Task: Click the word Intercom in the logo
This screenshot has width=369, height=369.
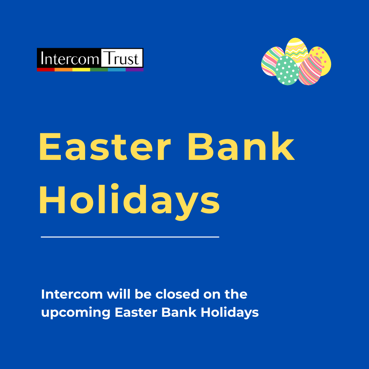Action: tap(70, 58)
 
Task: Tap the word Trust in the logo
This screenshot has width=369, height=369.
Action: tap(121, 58)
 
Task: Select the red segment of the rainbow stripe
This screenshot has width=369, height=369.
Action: tap(46, 70)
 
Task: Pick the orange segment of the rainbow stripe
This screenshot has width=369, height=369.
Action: tap(64, 70)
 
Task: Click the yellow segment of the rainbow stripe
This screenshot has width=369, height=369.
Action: tap(81, 70)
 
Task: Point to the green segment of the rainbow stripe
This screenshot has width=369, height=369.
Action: tap(99, 70)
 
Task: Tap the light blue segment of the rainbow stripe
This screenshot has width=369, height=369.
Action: tap(117, 70)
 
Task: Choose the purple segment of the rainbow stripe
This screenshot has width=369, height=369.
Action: tap(135, 70)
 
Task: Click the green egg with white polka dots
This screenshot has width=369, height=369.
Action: tap(287, 70)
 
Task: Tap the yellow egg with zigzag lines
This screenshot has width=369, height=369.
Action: tap(296, 50)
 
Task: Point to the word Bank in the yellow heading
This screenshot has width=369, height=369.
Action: tap(242, 146)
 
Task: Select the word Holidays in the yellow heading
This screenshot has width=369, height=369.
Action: tap(130, 202)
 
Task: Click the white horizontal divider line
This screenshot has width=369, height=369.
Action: tap(130, 237)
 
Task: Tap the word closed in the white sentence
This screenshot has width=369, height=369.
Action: tap(177, 294)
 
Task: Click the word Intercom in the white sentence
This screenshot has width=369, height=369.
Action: tap(72, 295)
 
